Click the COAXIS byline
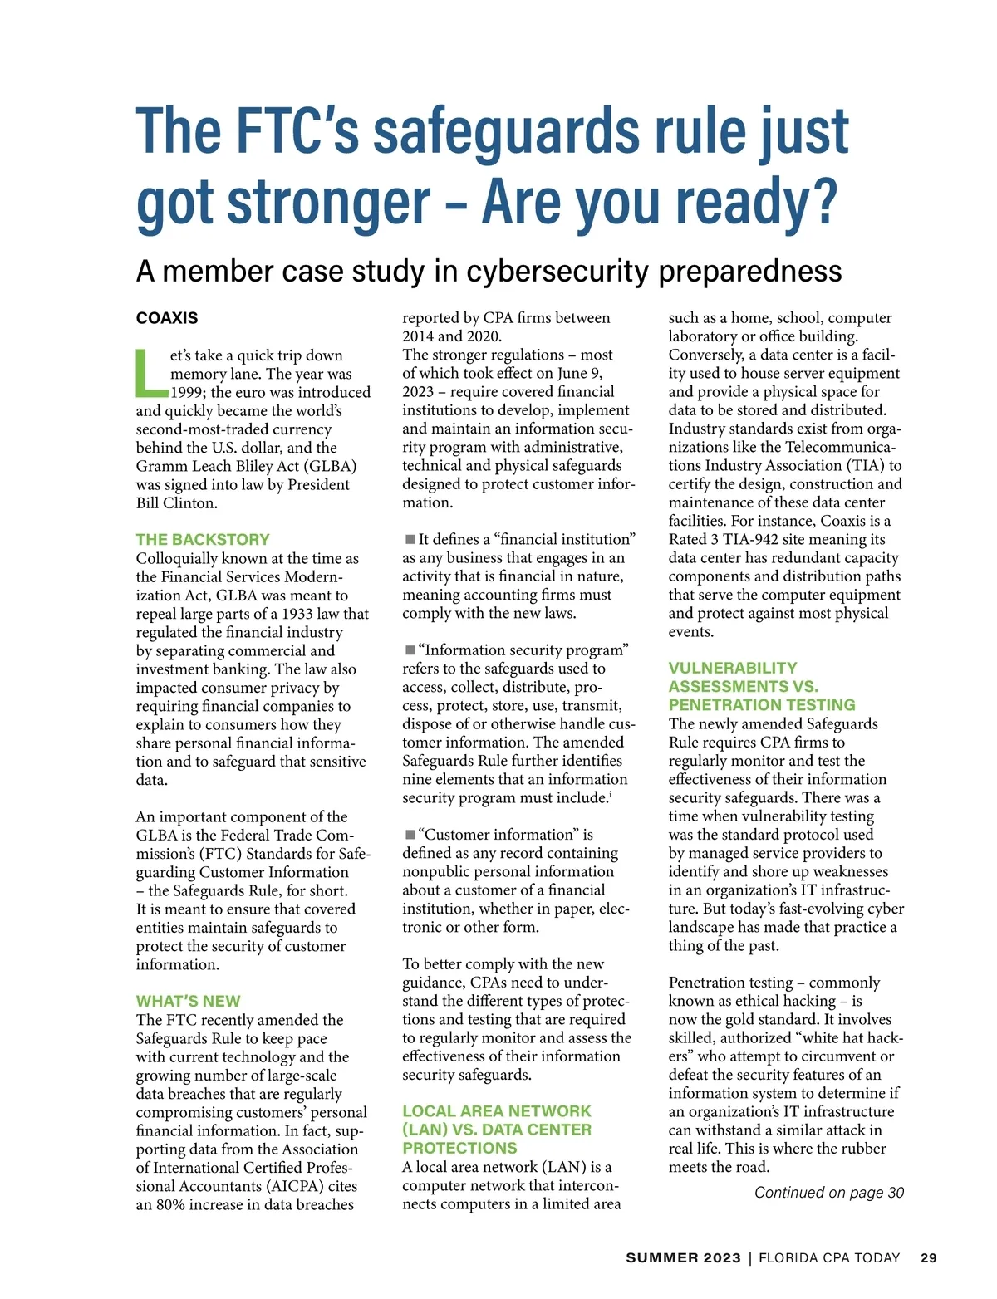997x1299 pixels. [x=167, y=318]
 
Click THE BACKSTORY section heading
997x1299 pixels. [x=203, y=539]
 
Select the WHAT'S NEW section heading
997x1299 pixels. [x=188, y=1001]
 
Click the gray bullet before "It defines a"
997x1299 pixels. [x=410, y=540]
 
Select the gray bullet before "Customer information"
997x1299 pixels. [x=410, y=835]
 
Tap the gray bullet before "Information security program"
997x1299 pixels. [x=410, y=650]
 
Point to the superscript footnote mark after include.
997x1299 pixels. [x=611, y=795]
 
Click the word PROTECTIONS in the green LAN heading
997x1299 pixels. [x=459, y=1148]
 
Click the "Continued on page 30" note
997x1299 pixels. [x=828, y=1193]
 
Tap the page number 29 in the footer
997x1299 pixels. [x=928, y=1258]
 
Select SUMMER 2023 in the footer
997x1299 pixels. [x=683, y=1258]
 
